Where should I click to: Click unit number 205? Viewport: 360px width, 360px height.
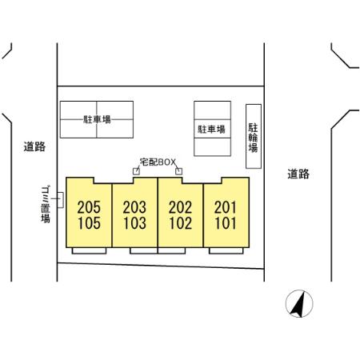pyautogui.click(x=90, y=207)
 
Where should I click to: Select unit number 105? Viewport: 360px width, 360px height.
pyautogui.click(x=90, y=223)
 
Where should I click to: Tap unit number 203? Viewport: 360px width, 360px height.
pyautogui.click(x=134, y=207)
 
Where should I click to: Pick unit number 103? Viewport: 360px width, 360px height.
pyautogui.click(x=134, y=223)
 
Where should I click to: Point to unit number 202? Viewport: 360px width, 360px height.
pyautogui.click(x=181, y=207)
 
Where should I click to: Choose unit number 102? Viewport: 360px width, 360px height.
pyautogui.click(x=181, y=223)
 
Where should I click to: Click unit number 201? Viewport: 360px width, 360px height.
pyautogui.click(x=226, y=207)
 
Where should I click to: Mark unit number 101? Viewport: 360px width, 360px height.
pyautogui.click(x=226, y=223)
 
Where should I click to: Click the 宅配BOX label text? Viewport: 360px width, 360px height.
pyautogui.click(x=157, y=162)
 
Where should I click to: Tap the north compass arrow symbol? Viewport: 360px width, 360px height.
pyautogui.click(x=300, y=303)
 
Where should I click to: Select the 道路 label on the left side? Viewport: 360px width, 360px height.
pyautogui.click(x=34, y=146)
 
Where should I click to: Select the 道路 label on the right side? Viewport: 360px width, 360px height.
pyautogui.click(x=298, y=174)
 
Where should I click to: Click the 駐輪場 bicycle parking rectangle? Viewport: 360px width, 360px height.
pyautogui.click(x=253, y=136)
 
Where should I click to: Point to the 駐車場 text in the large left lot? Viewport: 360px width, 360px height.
pyautogui.click(x=97, y=119)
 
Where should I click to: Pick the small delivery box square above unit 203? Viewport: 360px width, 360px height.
pyautogui.click(x=136, y=171)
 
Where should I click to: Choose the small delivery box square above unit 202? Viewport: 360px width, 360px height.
pyautogui.click(x=179, y=171)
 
